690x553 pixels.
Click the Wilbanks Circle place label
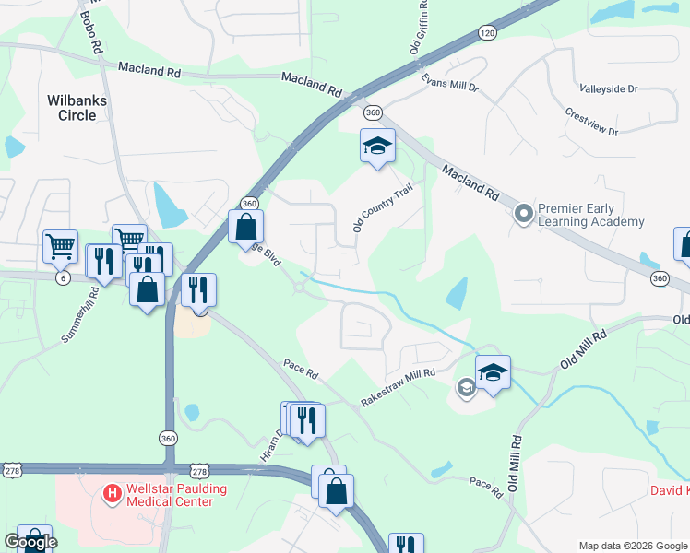(72, 106)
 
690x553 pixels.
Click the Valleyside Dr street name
(609, 89)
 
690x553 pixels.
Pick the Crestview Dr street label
(591, 124)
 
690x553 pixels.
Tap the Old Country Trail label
(380, 207)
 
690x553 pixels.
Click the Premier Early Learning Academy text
(590, 215)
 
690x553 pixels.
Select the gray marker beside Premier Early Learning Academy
(524, 215)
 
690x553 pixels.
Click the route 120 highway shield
(487, 33)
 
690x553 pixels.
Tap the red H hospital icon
(112, 494)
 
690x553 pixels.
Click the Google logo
(30, 542)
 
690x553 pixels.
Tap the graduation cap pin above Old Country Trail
(376, 147)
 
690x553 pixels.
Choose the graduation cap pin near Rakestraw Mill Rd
(493, 373)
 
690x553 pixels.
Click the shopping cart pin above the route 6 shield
(60, 246)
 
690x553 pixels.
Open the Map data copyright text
(633, 546)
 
